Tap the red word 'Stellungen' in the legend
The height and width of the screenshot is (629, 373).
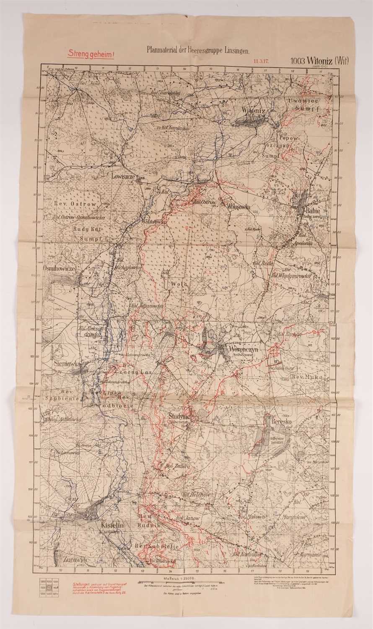(81, 584)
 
